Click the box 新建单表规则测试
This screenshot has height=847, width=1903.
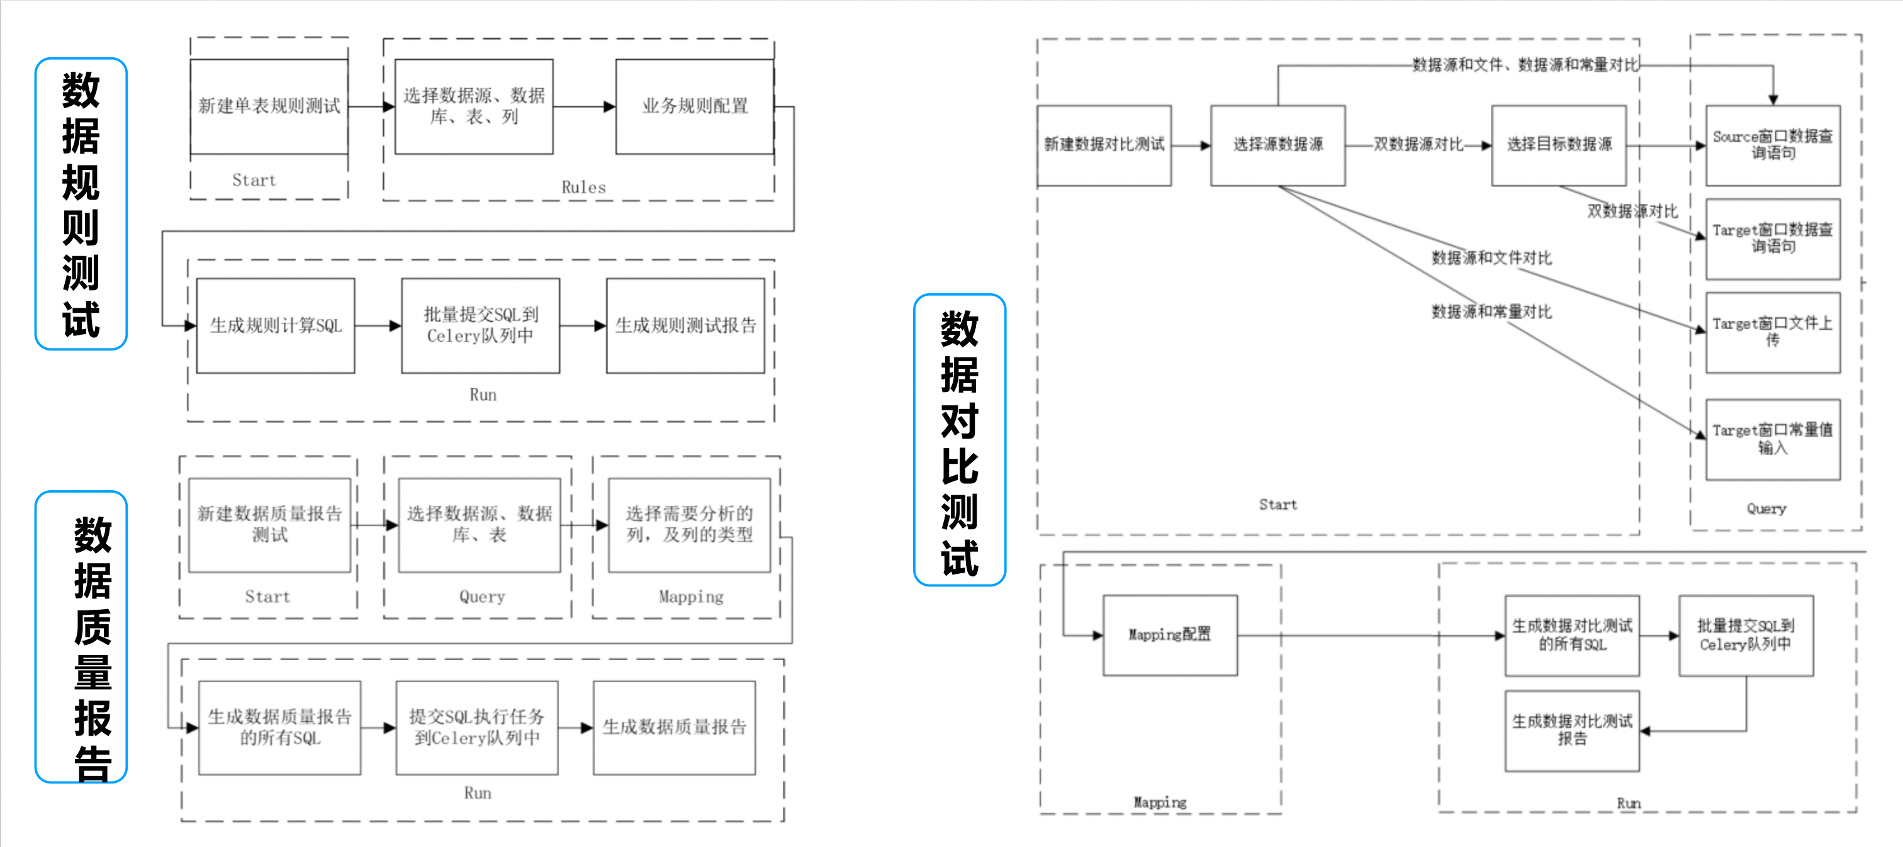269,106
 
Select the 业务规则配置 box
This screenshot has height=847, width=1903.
694,106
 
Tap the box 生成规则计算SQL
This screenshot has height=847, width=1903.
276,326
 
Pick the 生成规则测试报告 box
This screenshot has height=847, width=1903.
685,326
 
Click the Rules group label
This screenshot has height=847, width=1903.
583,188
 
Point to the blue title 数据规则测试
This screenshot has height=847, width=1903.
81,204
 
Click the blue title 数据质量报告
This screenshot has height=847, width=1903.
81,637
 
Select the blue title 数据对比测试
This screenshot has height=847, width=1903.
960,440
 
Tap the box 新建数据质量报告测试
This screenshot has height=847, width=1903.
269,524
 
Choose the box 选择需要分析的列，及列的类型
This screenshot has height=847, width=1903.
689,524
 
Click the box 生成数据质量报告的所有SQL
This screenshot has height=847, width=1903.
280,727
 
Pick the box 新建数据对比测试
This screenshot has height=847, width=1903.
1104,145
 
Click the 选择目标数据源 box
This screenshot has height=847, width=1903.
1559,145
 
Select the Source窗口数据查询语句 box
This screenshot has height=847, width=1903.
1772,145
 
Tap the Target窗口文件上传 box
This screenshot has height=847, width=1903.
1772,332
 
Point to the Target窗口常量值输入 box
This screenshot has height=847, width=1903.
1772,439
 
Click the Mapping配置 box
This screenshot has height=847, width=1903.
1170,635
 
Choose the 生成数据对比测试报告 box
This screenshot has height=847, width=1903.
1572,731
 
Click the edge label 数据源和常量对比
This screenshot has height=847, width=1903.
1491,312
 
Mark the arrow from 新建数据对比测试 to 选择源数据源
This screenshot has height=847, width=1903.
1191,145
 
